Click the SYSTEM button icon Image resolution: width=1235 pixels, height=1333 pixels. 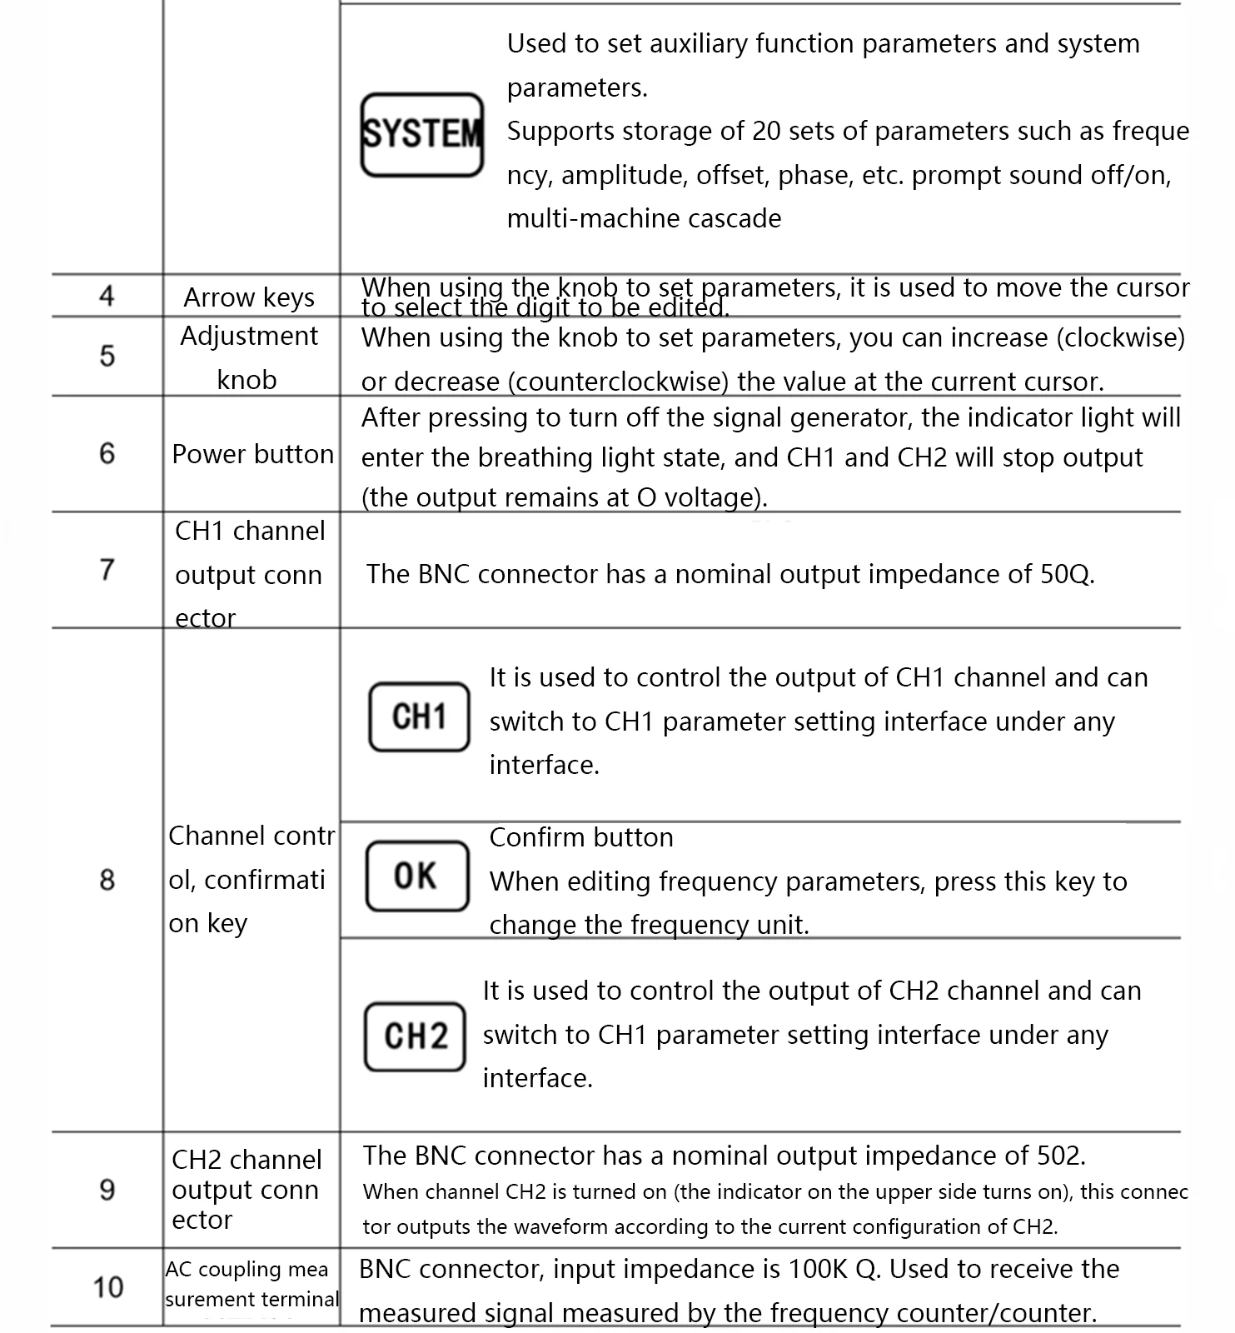pos(422,134)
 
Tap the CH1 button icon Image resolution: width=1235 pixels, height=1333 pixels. pos(419,717)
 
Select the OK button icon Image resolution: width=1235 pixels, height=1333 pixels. pos(417,876)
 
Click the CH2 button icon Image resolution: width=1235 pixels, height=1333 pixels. pos(415,1036)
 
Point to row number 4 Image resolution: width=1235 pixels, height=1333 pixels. pos(107,296)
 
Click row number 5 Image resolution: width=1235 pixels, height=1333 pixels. pos(107,356)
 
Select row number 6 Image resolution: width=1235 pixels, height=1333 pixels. pos(107,453)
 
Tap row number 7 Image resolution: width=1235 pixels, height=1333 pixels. pos(107,569)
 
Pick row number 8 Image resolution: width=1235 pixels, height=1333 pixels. pos(107,879)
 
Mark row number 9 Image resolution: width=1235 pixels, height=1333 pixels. pos(107,1189)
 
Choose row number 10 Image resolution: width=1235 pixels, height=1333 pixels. pos(108,1287)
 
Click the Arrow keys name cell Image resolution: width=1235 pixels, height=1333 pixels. pos(249,297)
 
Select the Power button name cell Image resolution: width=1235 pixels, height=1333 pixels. pos(252,454)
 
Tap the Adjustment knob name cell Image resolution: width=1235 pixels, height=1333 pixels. pos(249,357)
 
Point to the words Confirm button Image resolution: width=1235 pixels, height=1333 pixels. pos(581,837)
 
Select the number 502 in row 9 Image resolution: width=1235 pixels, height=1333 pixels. pos(1060,1156)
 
